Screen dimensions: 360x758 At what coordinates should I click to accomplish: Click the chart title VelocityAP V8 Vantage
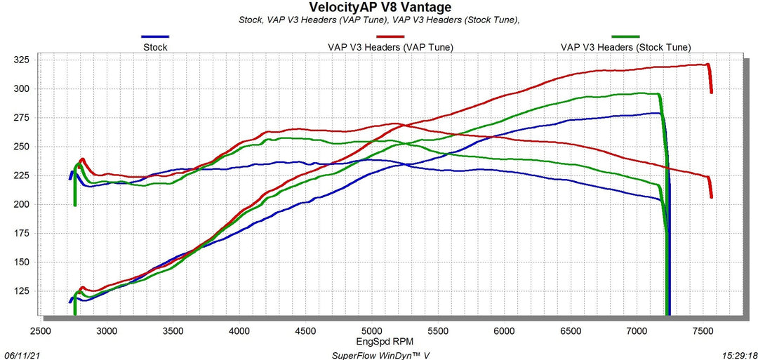[x=380, y=7]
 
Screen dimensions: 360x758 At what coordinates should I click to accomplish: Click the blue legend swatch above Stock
[x=155, y=36]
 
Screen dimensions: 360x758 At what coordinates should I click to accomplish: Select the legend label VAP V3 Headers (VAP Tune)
[x=390, y=47]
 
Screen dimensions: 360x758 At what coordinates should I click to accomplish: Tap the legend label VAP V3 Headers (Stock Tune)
[x=625, y=47]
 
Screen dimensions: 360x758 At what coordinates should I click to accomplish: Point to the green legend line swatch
[x=625, y=36]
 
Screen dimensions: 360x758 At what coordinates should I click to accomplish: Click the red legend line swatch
[x=390, y=36]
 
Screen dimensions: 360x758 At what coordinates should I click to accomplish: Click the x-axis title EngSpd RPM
[x=380, y=341]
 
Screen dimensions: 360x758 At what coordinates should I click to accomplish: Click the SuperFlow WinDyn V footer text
[x=380, y=355]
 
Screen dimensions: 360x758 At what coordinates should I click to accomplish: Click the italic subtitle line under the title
[x=379, y=20]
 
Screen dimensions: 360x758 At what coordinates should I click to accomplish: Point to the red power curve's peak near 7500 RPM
[x=705, y=65]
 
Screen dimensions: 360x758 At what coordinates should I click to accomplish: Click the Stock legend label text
[x=155, y=47]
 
